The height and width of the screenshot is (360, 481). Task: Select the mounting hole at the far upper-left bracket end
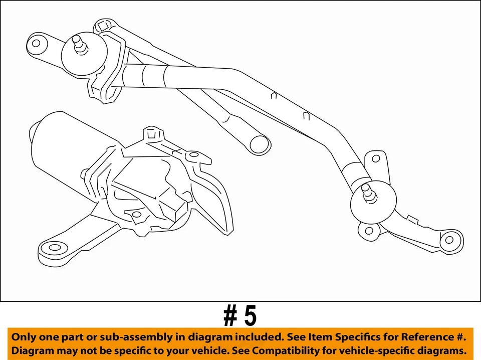click(x=36, y=43)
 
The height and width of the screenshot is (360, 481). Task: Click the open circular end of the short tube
click(x=260, y=144)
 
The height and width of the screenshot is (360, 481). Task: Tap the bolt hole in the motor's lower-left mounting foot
click(x=54, y=248)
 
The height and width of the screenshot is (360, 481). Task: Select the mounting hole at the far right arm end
click(x=449, y=240)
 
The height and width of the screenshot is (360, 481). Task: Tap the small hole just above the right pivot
click(x=376, y=159)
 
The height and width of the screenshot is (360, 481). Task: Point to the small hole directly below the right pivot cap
click(x=369, y=231)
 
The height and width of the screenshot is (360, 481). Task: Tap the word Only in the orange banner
click(x=24, y=337)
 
